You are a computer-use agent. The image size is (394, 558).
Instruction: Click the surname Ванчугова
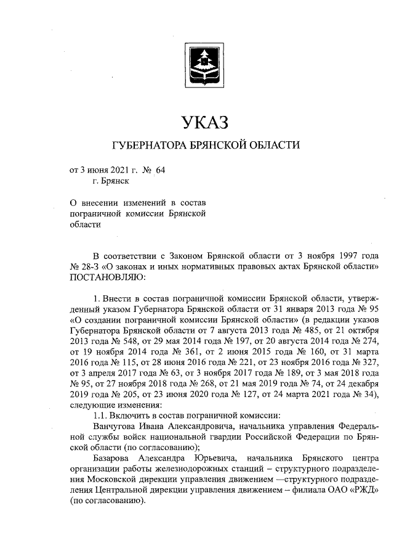[x=118, y=427]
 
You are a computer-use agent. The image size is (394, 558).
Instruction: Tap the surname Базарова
[x=113, y=460]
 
